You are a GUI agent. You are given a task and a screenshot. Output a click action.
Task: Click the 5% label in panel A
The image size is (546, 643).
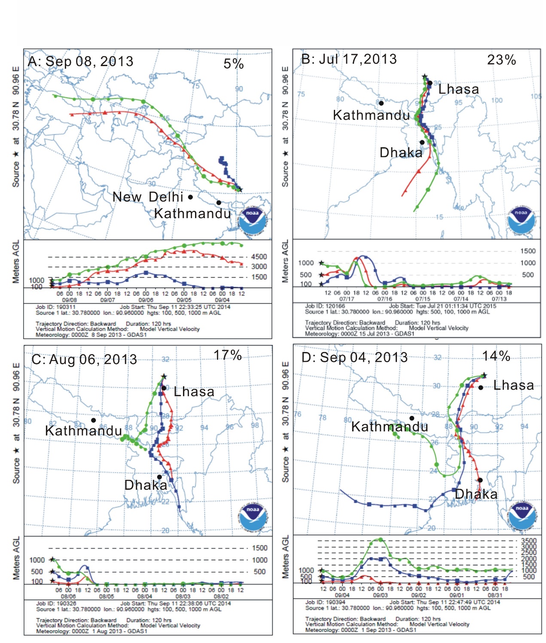(234, 64)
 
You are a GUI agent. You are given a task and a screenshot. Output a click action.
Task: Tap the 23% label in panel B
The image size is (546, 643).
(501, 60)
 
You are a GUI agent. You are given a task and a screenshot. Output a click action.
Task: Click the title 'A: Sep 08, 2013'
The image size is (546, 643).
(81, 61)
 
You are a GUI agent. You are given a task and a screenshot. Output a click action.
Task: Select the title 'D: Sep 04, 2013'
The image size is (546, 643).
(354, 357)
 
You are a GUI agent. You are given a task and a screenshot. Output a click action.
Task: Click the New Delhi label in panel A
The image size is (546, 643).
(148, 197)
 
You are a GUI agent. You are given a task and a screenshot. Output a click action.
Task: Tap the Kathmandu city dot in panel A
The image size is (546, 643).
(219, 203)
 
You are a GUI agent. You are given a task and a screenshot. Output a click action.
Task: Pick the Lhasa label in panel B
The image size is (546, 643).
(458, 89)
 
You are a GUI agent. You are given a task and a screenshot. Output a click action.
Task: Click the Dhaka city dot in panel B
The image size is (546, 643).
(422, 143)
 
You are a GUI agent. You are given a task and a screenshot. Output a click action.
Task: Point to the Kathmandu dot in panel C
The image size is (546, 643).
(94, 420)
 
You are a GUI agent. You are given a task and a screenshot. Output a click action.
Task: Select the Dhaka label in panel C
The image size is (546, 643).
(146, 485)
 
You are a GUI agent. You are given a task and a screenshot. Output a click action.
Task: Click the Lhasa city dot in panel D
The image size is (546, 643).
(481, 388)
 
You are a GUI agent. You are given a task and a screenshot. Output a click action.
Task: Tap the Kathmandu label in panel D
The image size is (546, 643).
(390, 427)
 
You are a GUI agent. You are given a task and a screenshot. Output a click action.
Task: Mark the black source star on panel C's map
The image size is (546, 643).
(164, 376)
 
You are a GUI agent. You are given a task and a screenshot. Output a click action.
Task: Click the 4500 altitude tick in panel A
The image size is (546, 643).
(259, 257)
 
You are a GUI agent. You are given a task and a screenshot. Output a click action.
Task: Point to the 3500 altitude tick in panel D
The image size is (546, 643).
(528, 541)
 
